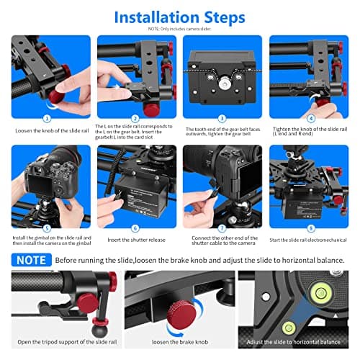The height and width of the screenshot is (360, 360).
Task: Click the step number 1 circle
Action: (x=48, y=117)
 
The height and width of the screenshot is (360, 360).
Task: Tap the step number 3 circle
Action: (x=222, y=117)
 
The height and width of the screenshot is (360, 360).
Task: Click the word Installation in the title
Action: (x=156, y=16)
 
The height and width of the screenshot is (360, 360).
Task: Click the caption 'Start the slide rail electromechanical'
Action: (x=310, y=240)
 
